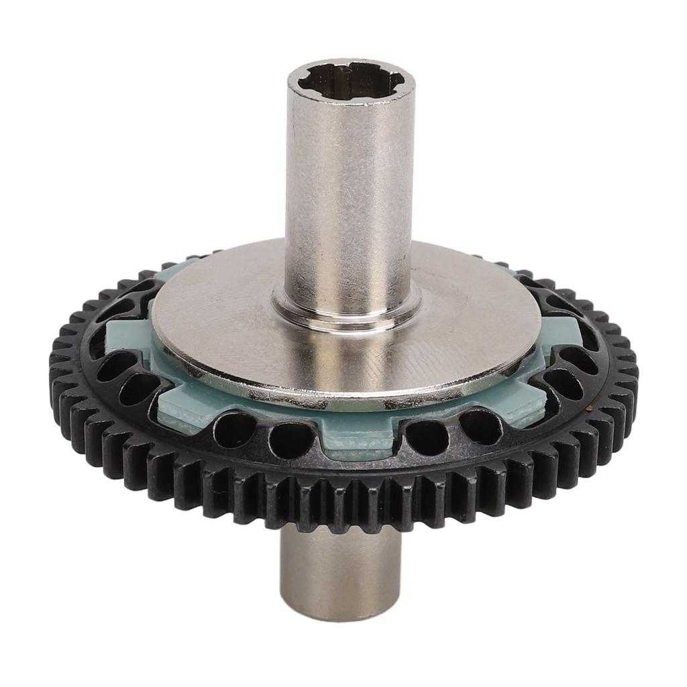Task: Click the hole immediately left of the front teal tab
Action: pyautogui.click(x=291, y=439)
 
